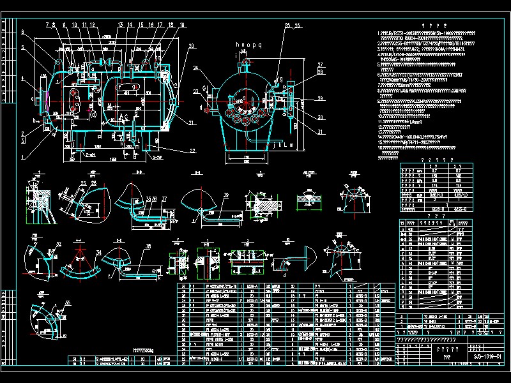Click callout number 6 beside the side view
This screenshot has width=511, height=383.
[x=22, y=32]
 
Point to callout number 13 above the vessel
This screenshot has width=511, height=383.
[x=119, y=25]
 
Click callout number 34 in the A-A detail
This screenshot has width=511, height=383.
[x=99, y=253]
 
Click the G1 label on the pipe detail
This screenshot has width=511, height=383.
[x=155, y=271]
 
